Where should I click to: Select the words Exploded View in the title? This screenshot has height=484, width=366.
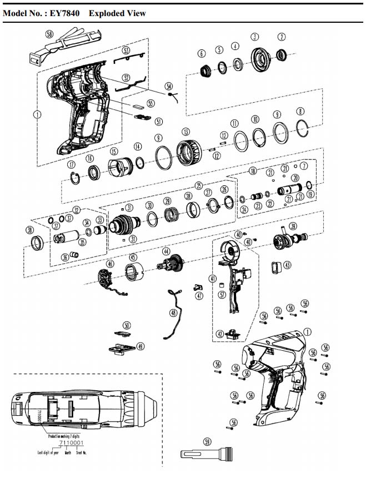pos(117,13)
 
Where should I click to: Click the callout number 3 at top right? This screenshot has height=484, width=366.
pos(255,37)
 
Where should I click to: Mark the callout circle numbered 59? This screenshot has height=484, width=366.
pos(207,442)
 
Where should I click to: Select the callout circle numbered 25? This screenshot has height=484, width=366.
pos(198,185)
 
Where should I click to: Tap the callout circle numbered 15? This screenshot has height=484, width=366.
pos(114,152)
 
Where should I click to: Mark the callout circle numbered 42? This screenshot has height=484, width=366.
pos(220,334)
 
